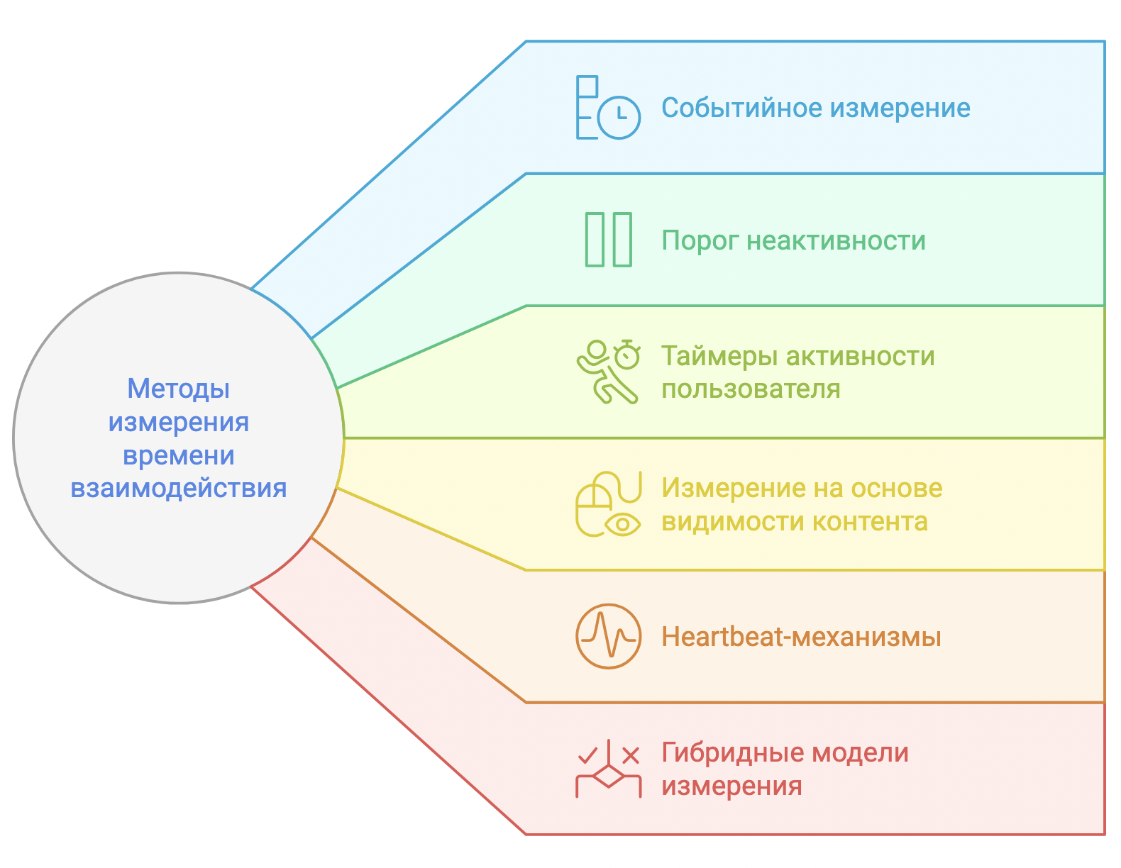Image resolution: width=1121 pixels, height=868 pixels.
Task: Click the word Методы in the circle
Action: (178, 389)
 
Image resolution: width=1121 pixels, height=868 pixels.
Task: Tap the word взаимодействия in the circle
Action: (178, 488)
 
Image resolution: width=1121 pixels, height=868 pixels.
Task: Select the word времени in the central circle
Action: (178, 456)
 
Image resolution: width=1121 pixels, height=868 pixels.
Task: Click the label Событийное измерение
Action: (815, 108)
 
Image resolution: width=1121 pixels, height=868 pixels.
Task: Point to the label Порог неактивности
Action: (793, 240)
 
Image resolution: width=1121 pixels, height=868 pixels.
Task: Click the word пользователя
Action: (751, 389)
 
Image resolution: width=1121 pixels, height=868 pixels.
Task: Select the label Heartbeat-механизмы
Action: (801, 637)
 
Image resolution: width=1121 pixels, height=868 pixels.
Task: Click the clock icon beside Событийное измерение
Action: (619, 118)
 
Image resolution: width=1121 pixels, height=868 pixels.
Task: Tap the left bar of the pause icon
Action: (595, 240)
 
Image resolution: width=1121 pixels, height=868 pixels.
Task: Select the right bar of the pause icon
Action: (622, 240)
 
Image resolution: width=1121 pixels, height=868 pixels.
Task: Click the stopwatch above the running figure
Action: (627, 354)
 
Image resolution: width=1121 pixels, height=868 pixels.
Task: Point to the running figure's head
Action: (597, 349)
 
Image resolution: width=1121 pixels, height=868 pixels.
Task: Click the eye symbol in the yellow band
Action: (623, 525)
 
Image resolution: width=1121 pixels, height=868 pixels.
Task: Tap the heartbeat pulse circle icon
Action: (608, 637)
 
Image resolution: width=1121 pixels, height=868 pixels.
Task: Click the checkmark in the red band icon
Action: (587, 756)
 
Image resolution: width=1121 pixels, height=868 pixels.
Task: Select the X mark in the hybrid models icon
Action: (631, 756)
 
